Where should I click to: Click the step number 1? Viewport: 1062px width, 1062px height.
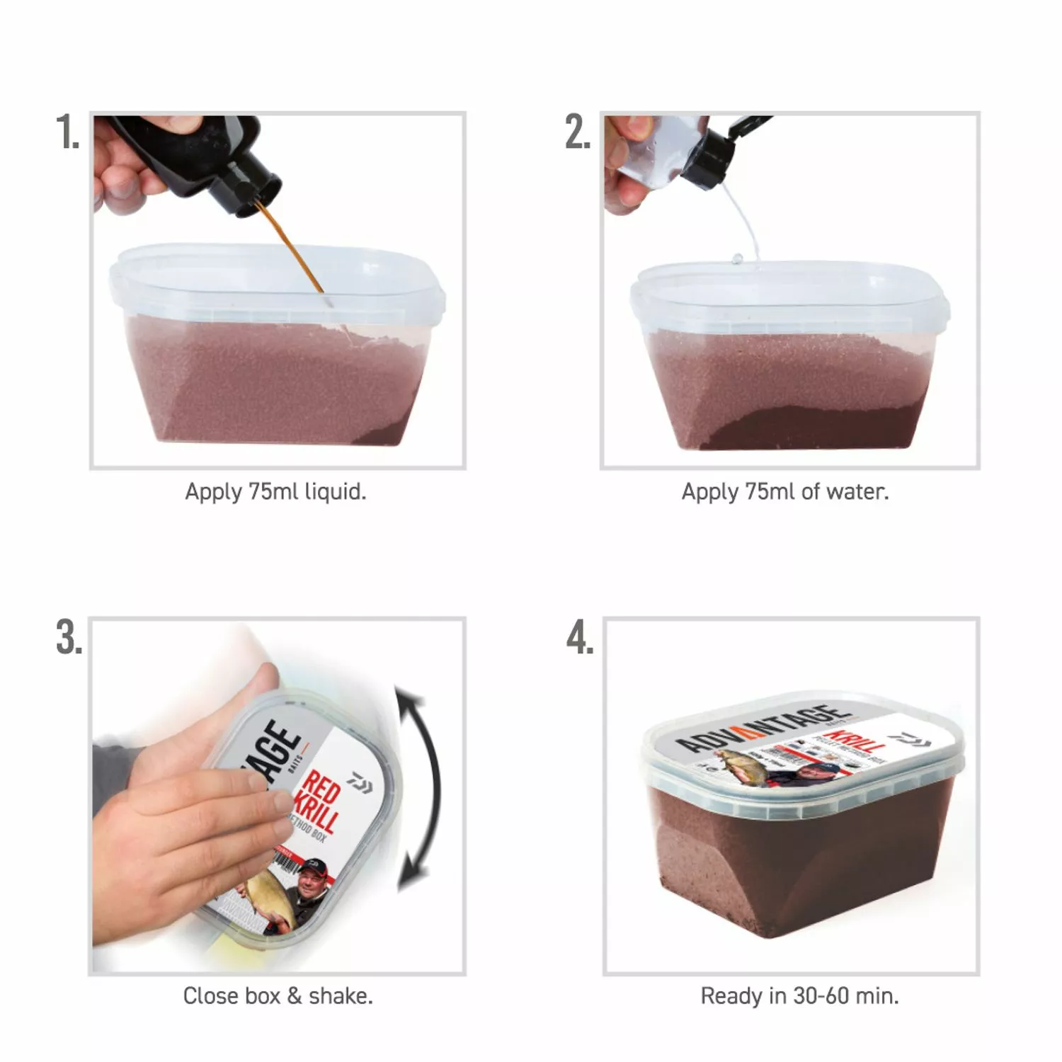(x=68, y=132)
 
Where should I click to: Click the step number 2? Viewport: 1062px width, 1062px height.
(x=578, y=132)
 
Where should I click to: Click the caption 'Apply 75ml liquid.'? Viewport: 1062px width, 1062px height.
(x=275, y=491)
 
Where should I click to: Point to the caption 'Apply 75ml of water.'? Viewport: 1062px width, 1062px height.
(x=784, y=491)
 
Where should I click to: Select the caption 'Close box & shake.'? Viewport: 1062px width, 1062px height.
(x=278, y=995)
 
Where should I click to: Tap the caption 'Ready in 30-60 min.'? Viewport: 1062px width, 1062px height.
(x=799, y=995)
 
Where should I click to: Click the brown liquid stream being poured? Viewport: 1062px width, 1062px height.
(x=294, y=248)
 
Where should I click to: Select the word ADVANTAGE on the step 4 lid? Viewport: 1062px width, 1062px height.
(x=761, y=729)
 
